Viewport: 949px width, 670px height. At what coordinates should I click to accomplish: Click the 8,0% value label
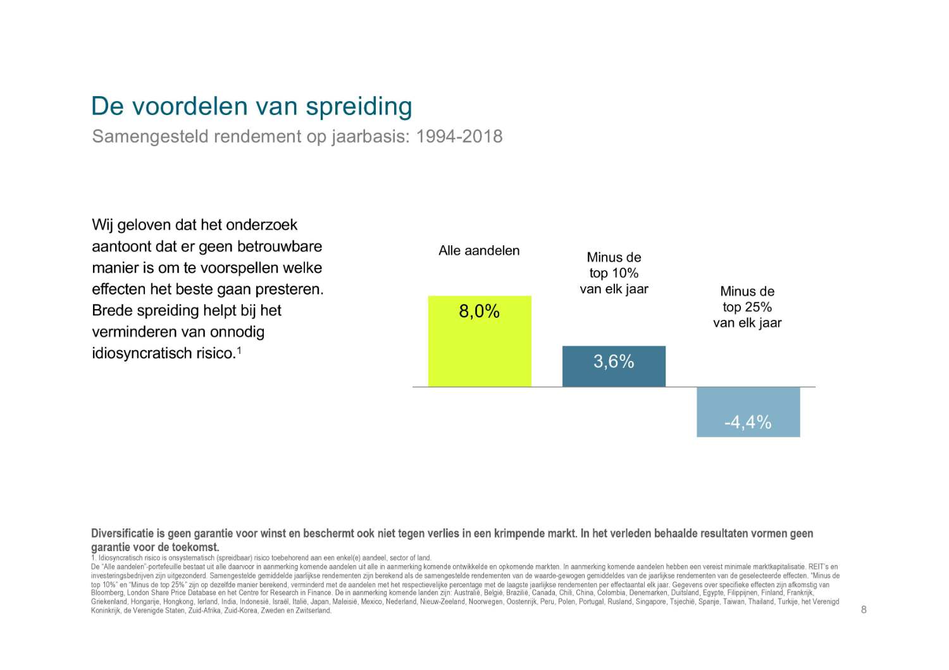click(479, 311)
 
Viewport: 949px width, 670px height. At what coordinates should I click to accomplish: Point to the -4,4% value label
click(748, 422)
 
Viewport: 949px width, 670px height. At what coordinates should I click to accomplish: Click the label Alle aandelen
click(479, 251)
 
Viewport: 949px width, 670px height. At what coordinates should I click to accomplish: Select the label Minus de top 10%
click(614, 273)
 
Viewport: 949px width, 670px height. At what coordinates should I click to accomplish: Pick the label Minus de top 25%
click(747, 307)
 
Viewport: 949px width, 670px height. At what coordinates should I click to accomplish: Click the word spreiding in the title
click(359, 106)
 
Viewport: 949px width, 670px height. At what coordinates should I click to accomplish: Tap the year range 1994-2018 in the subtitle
click(459, 137)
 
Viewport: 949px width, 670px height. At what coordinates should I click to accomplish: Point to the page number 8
click(864, 609)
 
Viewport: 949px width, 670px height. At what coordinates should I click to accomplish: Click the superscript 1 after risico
click(239, 350)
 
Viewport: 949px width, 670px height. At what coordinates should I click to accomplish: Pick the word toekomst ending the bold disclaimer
click(197, 547)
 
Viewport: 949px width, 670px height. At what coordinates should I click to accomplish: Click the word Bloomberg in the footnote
click(107, 593)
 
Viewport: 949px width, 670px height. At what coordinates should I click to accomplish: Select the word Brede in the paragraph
click(111, 311)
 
